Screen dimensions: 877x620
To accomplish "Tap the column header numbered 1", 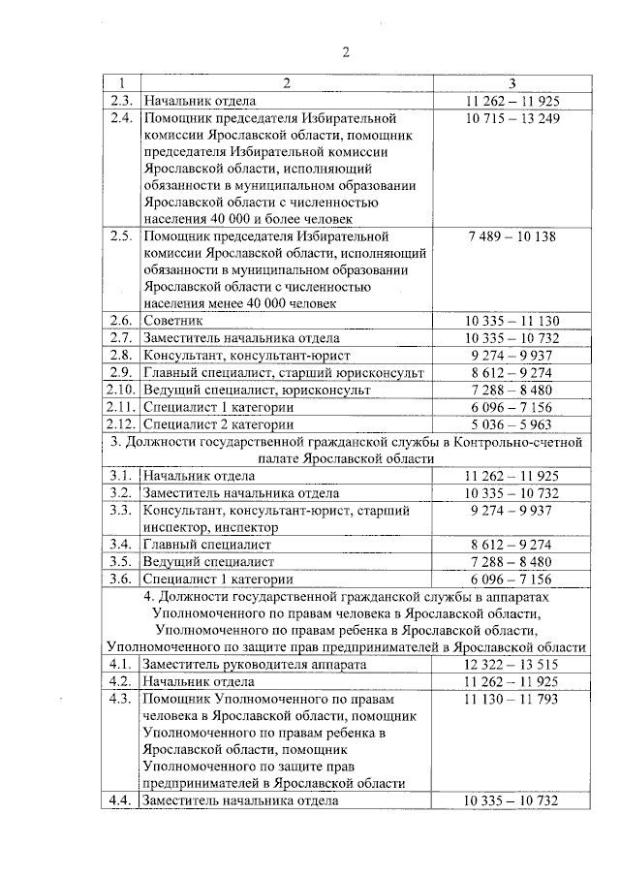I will point(121,83).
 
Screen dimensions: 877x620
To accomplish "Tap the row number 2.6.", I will point(121,321).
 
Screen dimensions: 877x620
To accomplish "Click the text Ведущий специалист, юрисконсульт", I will point(256,390).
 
